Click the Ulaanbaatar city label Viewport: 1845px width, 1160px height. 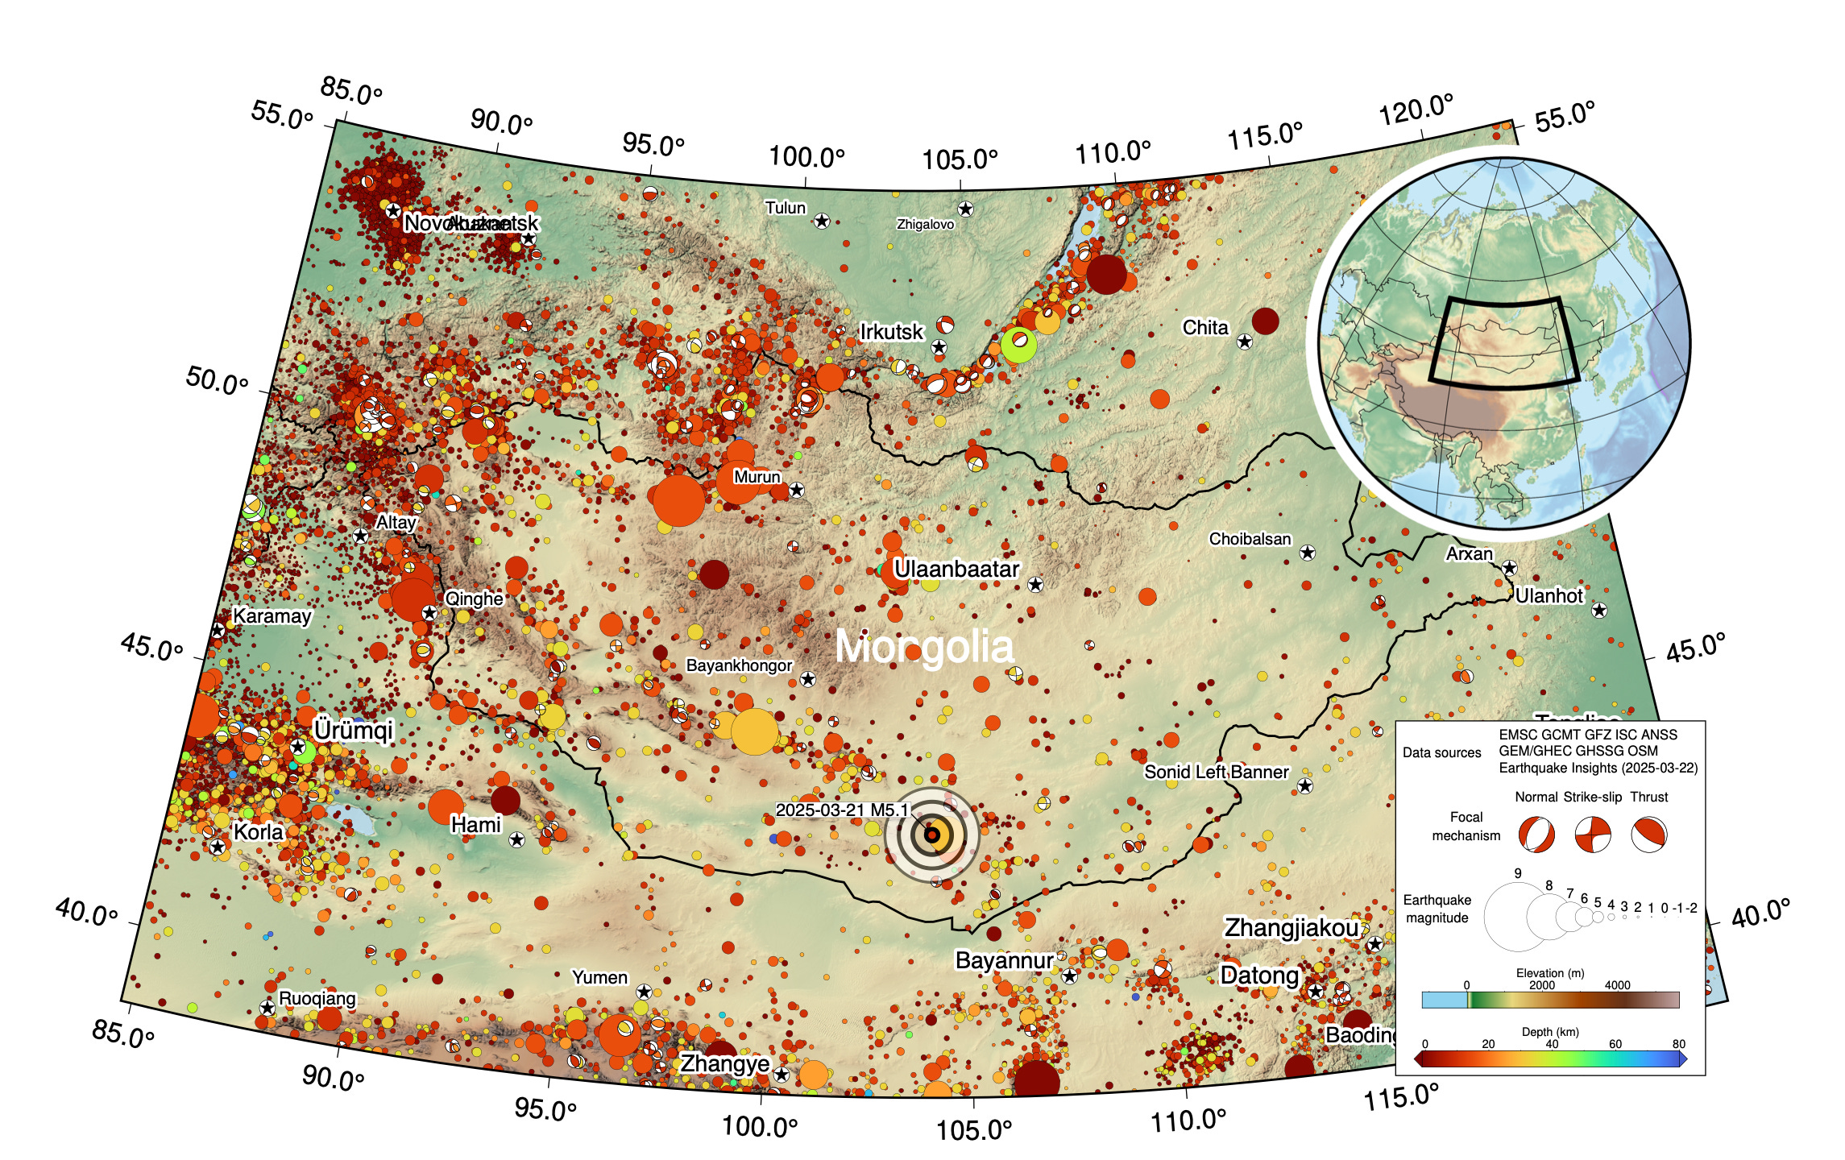point(956,569)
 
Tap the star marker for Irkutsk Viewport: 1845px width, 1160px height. point(939,347)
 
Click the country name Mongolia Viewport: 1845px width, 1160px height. point(924,647)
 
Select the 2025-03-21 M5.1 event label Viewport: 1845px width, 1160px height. point(842,810)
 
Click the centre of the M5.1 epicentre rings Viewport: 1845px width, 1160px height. point(931,835)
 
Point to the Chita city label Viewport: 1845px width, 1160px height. point(1204,327)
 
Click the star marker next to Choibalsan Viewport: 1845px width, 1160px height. point(1308,553)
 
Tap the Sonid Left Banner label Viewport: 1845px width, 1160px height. point(1217,772)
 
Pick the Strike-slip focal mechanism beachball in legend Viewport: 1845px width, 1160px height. point(1593,835)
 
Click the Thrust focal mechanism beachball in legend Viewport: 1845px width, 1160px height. point(1648,835)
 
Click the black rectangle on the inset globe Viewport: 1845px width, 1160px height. point(1503,342)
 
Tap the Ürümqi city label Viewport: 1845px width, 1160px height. point(353,730)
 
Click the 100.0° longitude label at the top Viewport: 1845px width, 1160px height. point(806,156)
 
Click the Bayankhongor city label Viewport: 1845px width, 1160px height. point(739,665)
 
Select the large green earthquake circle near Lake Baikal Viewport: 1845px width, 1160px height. point(1018,345)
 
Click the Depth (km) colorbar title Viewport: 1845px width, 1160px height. point(1549,1032)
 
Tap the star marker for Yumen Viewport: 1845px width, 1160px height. point(644,992)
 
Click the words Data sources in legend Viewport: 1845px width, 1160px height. point(1441,752)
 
